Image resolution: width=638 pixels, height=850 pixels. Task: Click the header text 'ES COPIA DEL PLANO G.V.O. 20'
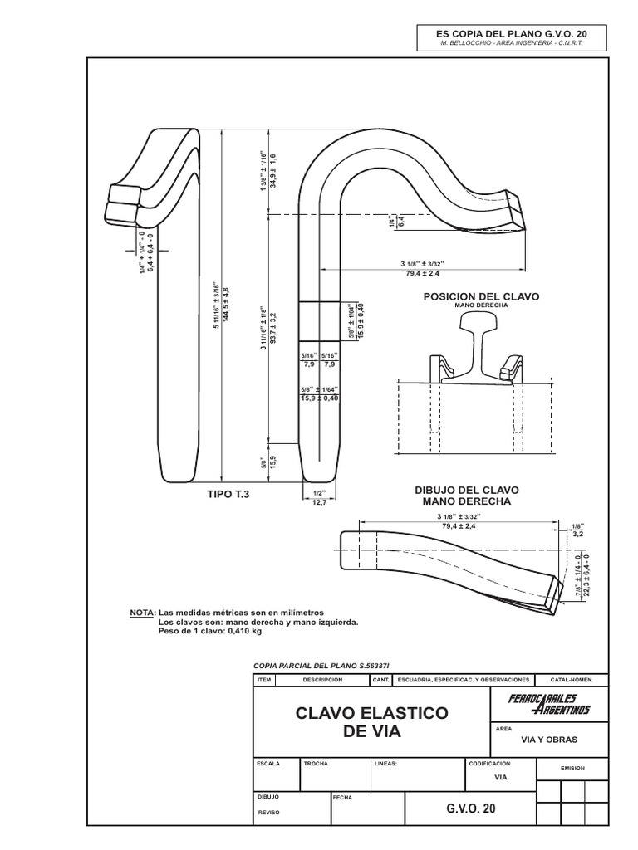coord(511,32)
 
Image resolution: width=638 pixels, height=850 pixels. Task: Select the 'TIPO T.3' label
coord(228,494)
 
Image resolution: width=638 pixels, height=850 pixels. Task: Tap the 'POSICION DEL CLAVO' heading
coord(481,296)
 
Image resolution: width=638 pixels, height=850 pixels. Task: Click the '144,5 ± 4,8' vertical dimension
coord(225,310)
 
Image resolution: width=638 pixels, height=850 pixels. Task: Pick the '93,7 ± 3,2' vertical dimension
coord(272,323)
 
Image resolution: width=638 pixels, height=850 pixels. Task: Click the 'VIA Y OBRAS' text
coord(548,739)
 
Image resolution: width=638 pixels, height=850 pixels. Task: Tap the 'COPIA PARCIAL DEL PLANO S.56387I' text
coord(319,666)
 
